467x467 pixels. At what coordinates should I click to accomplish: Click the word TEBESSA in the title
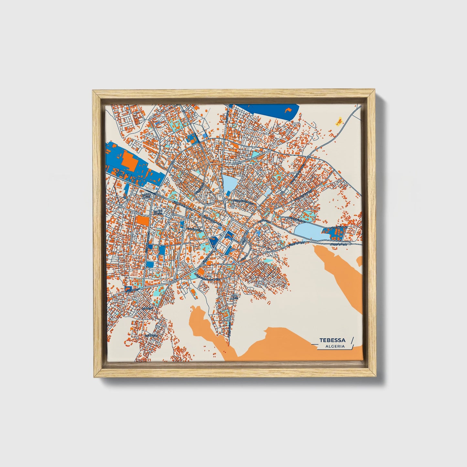point(332,340)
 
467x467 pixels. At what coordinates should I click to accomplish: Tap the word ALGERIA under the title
point(335,346)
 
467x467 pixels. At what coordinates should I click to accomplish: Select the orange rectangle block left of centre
point(143,221)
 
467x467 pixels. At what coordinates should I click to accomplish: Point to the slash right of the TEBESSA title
point(352,340)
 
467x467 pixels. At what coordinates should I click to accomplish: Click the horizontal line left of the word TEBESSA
point(315,345)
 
